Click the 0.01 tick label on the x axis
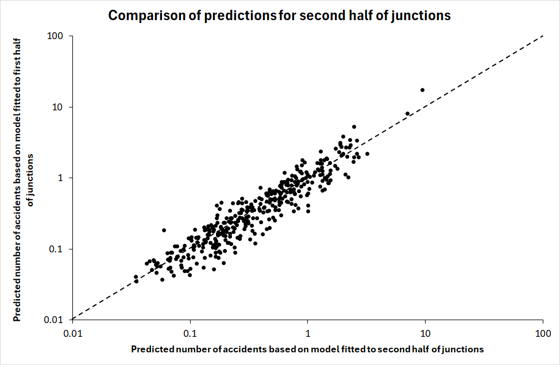coord(72,333)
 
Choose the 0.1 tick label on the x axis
coord(190,333)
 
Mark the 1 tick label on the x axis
coord(308,333)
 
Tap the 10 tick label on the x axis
coord(426,333)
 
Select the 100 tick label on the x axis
coord(543,333)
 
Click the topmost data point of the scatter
coord(423,90)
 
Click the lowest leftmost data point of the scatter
coord(136,281)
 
